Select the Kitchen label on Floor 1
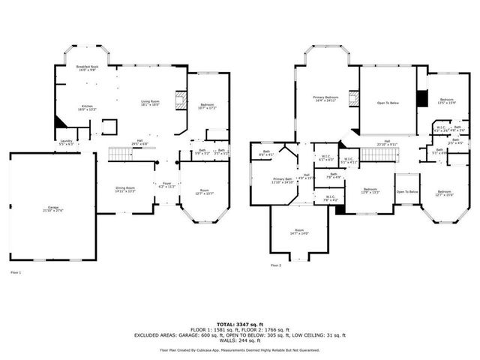click(x=87, y=108)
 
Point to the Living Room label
click(x=151, y=103)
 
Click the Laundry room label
click(x=66, y=142)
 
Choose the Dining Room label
click(x=125, y=189)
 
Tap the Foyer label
click(x=166, y=184)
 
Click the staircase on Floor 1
click(x=122, y=154)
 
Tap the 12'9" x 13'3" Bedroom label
click(x=370, y=190)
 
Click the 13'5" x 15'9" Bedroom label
click(x=447, y=101)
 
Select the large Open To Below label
click(x=388, y=103)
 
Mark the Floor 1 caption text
click(x=16, y=272)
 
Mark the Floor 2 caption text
click(x=275, y=265)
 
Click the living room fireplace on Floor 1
click(x=178, y=101)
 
